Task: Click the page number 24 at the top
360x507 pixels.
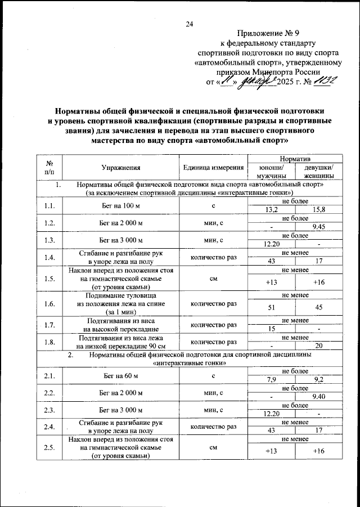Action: (x=190, y=24)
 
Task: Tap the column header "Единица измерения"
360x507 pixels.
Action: (x=213, y=168)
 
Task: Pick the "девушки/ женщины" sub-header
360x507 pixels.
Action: (x=319, y=172)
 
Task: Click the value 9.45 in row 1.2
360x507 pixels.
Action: (x=319, y=227)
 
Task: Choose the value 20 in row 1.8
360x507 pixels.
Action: (x=319, y=345)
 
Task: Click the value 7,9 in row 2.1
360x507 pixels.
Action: (x=271, y=379)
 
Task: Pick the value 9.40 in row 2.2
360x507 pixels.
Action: (x=319, y=396)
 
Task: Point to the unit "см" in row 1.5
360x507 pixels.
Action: (x=213, y=278)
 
